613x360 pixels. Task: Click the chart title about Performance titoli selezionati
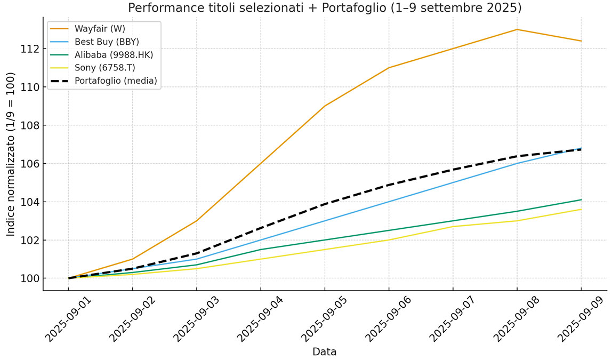(325, 8)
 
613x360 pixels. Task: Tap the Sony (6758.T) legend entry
(104, 67)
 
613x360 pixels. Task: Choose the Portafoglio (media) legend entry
(116, 81)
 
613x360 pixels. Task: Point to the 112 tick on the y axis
(30, 49)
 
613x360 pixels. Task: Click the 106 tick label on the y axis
(30, 164)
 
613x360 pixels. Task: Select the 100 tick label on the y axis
(30, 278)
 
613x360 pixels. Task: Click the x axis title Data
(324, 352)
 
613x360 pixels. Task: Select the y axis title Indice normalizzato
(11, 154)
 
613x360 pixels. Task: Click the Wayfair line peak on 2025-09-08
(517, 29)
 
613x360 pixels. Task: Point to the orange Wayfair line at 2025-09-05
(325, 106)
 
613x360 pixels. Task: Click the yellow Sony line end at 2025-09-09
(580, 209)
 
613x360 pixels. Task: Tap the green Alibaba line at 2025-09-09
(580, 199)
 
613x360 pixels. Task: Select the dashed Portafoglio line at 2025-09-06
(389, 185)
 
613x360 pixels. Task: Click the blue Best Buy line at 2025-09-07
(453, 182)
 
